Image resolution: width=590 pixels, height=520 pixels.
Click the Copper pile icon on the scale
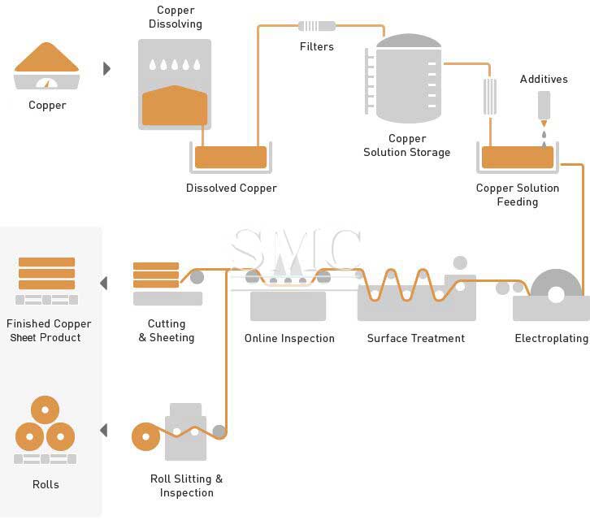46,58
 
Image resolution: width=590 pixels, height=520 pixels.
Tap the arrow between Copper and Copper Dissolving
106,69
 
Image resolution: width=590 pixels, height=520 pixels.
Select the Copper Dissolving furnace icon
175,84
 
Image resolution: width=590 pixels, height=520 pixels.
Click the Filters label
316,46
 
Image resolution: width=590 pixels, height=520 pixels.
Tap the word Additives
544,79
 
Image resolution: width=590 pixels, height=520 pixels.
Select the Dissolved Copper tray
231,157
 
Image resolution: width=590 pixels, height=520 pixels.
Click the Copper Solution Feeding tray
518,157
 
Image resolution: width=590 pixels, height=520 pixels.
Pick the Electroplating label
551,338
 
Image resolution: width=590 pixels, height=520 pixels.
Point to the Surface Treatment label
415,338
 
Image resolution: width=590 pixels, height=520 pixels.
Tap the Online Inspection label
289,338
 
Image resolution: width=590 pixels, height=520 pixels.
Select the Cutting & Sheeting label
167,331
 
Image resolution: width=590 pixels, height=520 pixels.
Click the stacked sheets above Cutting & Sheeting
156,275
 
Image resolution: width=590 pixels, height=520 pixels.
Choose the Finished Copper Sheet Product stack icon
46,274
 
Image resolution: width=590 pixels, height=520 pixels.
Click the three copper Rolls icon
45,426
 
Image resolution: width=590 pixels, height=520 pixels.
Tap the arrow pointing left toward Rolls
103,430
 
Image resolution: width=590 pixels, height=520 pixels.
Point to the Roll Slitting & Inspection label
186,486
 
